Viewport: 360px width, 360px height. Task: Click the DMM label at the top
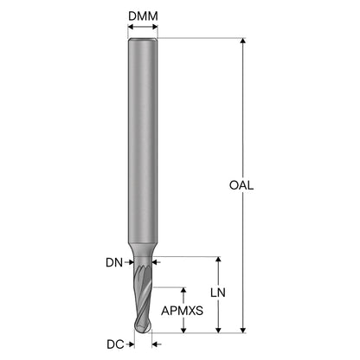tap(143, 16)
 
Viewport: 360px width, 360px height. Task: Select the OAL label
tap(241, 185)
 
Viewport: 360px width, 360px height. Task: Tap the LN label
tap(218, 292)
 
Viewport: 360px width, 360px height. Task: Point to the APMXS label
tap(182, 311)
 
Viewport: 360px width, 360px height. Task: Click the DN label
tap(114, 262)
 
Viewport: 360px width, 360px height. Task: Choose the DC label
tap(115, 344)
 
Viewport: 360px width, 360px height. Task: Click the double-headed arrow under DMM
tap(143, 27)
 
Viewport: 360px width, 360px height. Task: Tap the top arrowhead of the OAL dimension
tap(243, 41)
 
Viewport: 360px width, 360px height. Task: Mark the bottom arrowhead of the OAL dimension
tap(243, 330)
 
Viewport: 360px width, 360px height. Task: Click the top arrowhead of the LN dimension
tap(218, 260)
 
